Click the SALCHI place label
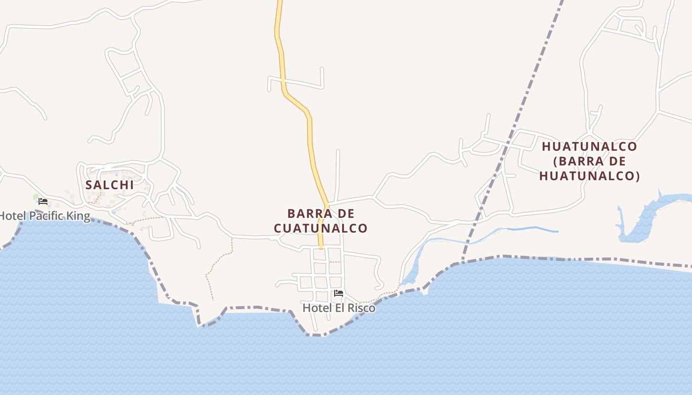tap(109, 185)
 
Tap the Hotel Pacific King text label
tap(44, 216)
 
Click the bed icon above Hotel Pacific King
tap(43, 201)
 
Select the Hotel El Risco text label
tap(339, 308)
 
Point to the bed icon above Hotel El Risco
tap(339, 293)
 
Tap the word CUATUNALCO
tap(320, 228)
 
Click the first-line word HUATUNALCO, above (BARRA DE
tap(589, 147)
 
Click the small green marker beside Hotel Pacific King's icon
tap(36, 197)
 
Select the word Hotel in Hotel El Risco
tap(314, 308)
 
